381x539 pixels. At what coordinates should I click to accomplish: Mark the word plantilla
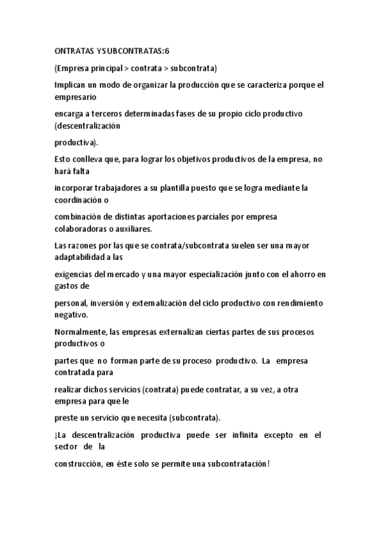click(x=197, y=188)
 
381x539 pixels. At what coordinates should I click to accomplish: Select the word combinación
click(x=80, y=217)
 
